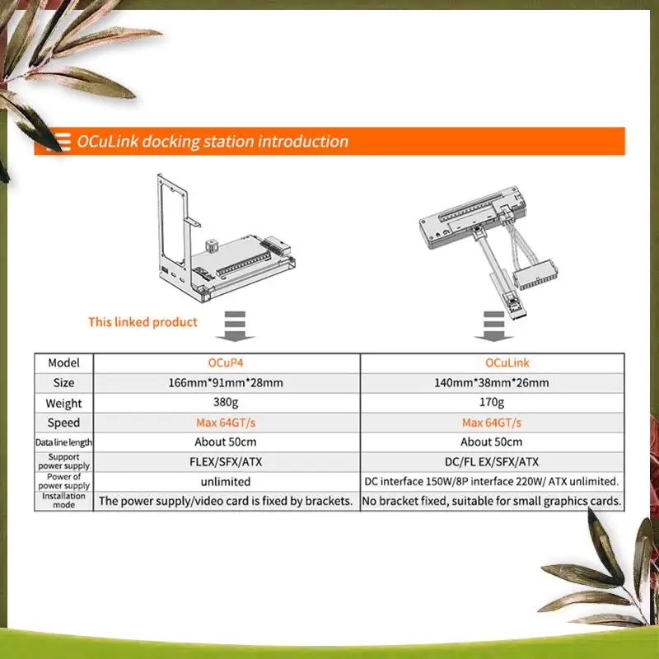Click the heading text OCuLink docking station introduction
pyautogui.click(x=213, y=142)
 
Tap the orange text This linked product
pyautogui.click(x=143, y=321)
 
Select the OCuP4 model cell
pyautogui.click(x=227, y=363)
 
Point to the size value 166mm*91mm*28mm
pyautogui.click(x=227, y=383)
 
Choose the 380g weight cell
pyautogui.click(x=227, y=403)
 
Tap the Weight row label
pyautogui.click(x=63, y=403)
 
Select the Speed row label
pyautogui.click(x=63, y=423)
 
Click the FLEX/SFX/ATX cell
pyautogui.click(x=227, y=462)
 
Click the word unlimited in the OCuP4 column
pyautogui.click(x=227, y=481)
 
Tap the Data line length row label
pyautogui.click(x=63, y=442)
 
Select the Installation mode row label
pyautogui.click(x=63, y=500)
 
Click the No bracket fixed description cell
pyautogui.click(x=492, y=501)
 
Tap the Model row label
pyautogui.click(x=63, y=363)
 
